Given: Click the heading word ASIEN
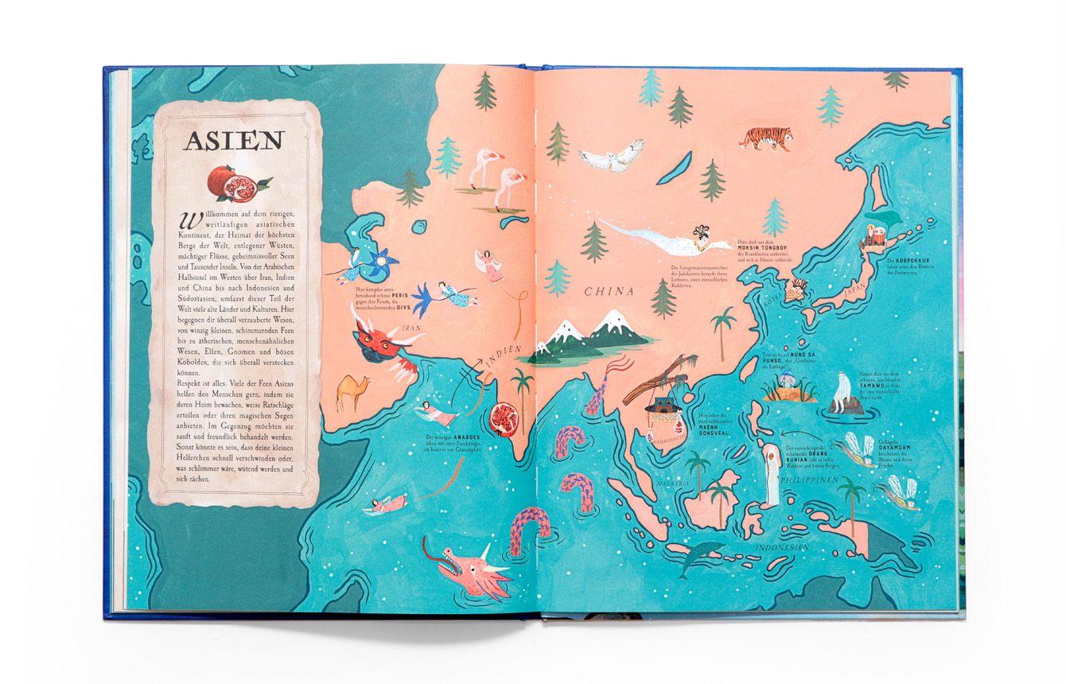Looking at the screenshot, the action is pos(233,142).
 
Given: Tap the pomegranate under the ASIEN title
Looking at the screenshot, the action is pos(228,184).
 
